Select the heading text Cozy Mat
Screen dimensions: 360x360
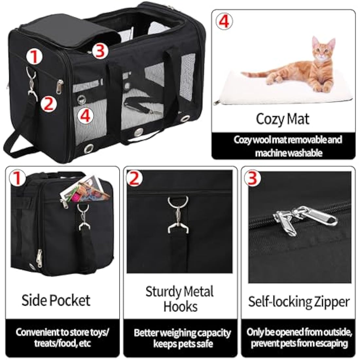point(282,119)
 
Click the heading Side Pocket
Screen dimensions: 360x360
point(56,300)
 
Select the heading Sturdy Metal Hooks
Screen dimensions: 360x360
point(180,299)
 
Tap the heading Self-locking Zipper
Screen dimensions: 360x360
point(298,301)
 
